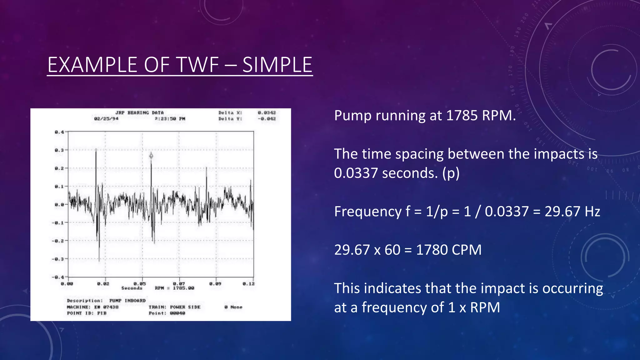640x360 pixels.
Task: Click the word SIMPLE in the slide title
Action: [x=277, y=65]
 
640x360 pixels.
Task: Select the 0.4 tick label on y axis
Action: [x=59, y=132]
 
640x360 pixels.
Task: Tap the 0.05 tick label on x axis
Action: [x=140, y=284]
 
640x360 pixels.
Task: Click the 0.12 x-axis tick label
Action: [x=248, y=284]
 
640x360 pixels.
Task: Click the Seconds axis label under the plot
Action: [x=132, y=288]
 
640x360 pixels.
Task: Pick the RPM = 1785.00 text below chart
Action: [x=174, y=288]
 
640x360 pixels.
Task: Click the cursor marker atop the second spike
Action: [x=151, y=155]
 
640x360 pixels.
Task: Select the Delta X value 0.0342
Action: [x=267, y=112]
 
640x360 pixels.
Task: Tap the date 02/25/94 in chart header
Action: [x=106, y=119]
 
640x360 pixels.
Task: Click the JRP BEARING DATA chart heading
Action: [x=139, y=112]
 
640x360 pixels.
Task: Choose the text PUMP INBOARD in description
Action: [x=127, y=301]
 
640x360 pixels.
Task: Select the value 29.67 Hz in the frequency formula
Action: [x=572, y=212]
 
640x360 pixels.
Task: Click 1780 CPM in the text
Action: [x=449, y=250]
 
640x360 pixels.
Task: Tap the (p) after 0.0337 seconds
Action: [x=451, y=173]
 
